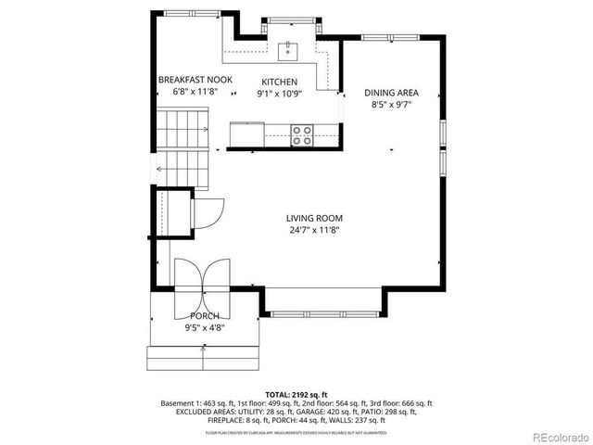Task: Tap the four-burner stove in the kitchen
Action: [302, 135]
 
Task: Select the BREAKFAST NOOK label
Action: [195, 81]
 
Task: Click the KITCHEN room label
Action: [279, 81]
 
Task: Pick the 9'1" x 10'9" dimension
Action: [279, 94]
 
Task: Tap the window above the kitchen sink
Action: [289, 18]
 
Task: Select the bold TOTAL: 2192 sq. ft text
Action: [296, 394]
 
